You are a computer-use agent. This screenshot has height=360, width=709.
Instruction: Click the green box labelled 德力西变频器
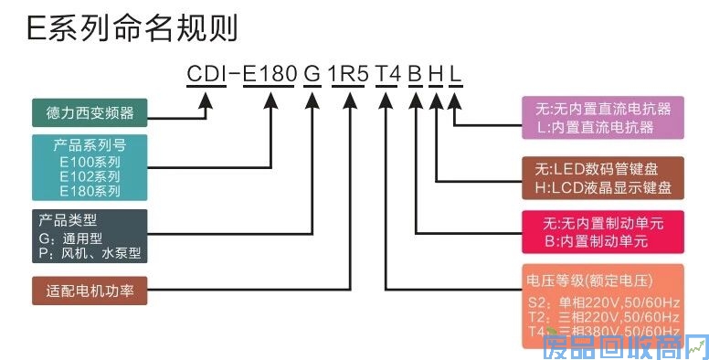click(90, 114)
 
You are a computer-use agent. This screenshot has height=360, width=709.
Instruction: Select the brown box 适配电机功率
click(90, 292)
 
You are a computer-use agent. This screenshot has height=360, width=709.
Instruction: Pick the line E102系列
click(90, 176)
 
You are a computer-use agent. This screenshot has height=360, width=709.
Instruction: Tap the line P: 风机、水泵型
click(90, 253)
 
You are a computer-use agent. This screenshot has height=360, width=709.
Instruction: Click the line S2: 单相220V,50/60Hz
click(603, 301)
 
